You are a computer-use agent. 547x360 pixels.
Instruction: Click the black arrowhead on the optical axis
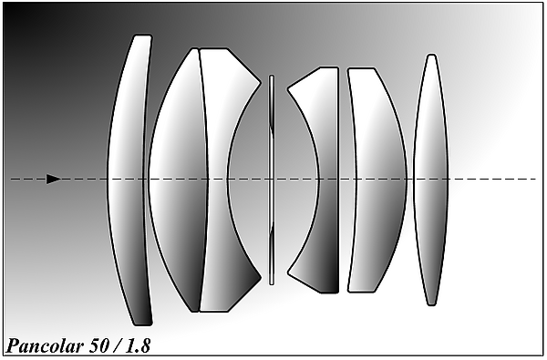pyautogui.click(x=54, y=179)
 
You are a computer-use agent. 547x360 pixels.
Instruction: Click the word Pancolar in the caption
pyautogui.click(x=45, y=346)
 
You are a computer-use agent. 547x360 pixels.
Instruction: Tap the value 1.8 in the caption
pyautogui.click(x=139, y=346)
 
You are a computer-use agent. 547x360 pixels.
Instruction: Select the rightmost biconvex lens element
pyautogui.click(x=431, y=180)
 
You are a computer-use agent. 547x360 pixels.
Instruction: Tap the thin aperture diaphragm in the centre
pyautogui.click(x=272, y=180)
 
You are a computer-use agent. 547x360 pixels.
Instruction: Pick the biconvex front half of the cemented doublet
pyautogui.click(x=178, y=180)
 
